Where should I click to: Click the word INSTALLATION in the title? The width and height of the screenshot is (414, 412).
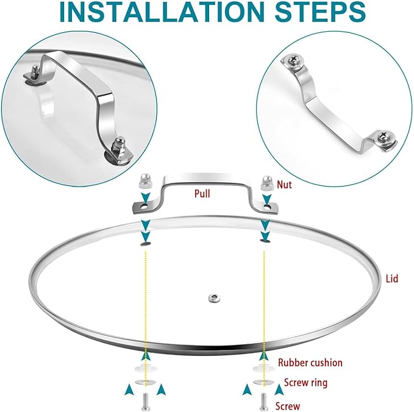[x=162, y=12]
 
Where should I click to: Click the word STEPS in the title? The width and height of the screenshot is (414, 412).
[x=320, y=12]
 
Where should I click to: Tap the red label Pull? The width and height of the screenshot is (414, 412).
[x=202, y=193]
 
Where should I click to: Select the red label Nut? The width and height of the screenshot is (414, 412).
[x=284, y=185]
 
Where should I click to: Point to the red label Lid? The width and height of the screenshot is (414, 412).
[x=392, y=279]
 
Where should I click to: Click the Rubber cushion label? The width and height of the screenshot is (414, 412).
[x=310, y=363]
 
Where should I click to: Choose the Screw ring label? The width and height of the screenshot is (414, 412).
[x=305, y=382]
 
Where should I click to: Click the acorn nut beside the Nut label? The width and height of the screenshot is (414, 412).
[x=266, y=183]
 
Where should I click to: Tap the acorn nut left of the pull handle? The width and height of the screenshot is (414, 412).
[x=145, y=181]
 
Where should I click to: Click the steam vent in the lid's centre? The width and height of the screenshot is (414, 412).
[x=214, y=299]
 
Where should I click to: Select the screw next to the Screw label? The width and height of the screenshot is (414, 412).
[x=264, y=402]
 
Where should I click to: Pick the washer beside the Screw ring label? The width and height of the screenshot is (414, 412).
[x=262, y=382]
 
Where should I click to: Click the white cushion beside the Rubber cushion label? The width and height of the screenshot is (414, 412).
[x=262, y=368]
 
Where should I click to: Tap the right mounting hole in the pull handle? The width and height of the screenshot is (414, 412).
[x=267, y=206]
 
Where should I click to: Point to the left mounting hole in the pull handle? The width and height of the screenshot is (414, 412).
[x=144, y=207]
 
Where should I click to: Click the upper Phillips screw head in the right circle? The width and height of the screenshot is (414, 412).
[x=293, y=60]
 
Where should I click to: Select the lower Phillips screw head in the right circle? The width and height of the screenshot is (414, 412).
[x=382, y=137]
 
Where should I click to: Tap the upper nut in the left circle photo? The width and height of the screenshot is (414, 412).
[x=35, y=73]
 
